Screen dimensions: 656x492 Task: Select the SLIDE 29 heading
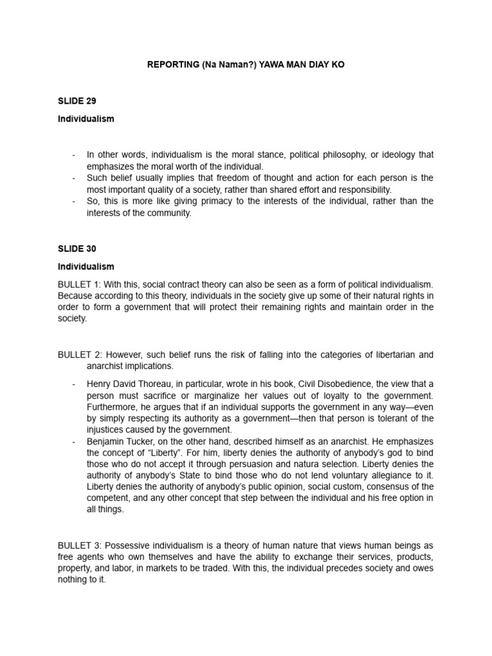pos(77,101)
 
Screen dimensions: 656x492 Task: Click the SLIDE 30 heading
pos(77,249)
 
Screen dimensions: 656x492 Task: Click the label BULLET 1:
pos(78,284)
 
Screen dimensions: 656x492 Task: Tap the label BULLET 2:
pos(78,355)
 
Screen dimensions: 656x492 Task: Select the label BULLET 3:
pos(78,545)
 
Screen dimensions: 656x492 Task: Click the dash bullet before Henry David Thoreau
pos(74,384)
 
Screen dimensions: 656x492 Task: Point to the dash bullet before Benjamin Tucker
pos(74,441)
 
